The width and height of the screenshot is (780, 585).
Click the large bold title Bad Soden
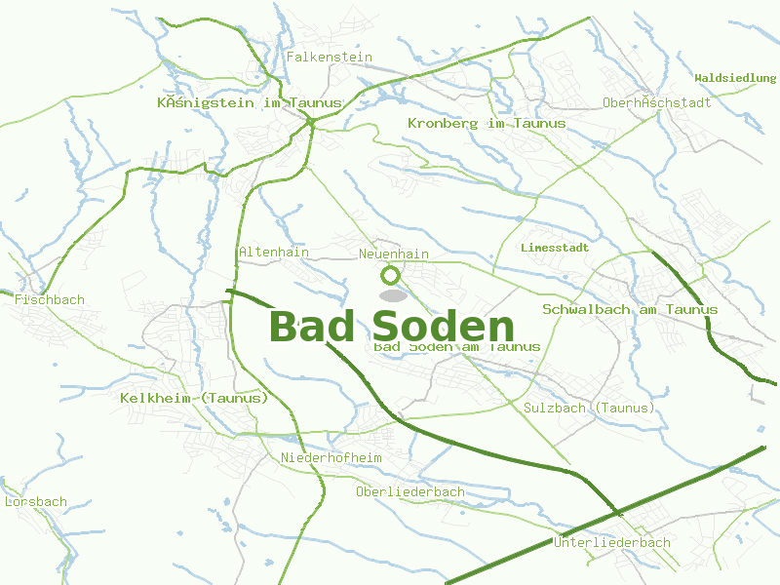[x=391, y=326]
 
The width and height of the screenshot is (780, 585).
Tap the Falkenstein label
[x=330, y=58]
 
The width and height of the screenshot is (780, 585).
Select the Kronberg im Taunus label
[x=487, y=124]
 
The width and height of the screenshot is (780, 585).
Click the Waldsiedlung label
[x=735, y=78]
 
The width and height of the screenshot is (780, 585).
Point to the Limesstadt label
[x=555, y=248]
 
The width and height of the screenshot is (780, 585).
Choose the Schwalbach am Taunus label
[x=630, y=310]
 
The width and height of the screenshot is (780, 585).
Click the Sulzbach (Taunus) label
[x=589, y=409]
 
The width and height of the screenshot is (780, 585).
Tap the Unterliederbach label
[x=611, y=542]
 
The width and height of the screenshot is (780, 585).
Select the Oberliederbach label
[x=409, y=492]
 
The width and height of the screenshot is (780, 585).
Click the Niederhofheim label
[x=331, y=458]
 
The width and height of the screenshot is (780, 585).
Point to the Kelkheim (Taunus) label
[x=194, y=399]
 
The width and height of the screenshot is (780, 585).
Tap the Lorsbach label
[x=36, y=503]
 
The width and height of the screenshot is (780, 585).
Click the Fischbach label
[x=50, y=300]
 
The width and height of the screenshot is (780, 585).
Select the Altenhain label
[x=273, y=253]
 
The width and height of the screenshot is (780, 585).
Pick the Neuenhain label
[x=394, y=254]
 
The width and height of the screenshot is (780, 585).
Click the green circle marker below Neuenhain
[x=391, y=277]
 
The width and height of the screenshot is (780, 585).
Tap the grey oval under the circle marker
[x=393, y=294]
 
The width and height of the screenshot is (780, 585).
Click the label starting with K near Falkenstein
[x=250, y=102]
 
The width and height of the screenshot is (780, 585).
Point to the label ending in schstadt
[x=657, y=102]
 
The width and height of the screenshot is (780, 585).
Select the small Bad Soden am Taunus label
[x=458, y=347]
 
